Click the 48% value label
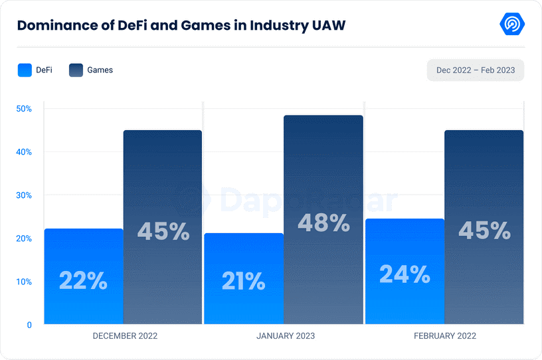coord(323,223)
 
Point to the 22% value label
coord(83,280)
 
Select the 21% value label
coord(244,282)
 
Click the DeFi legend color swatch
coord(25,70)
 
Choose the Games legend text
coord(100,70)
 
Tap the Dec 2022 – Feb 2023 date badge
coord(476,70)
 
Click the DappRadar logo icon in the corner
coord(512,25)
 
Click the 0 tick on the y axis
coord(30,325)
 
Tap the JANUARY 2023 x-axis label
coord(286,336)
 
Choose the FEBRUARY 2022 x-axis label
coord(445,336)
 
